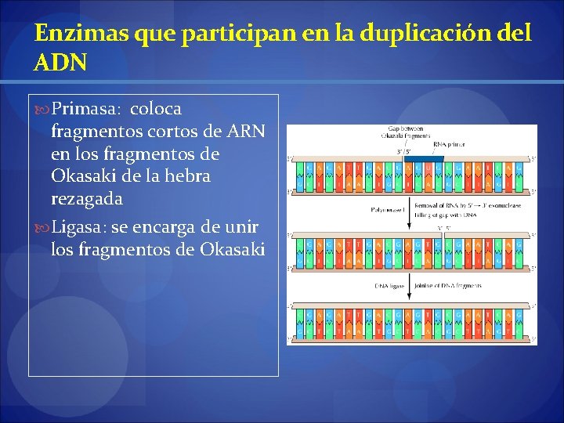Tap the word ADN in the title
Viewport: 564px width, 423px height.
[61, 62]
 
